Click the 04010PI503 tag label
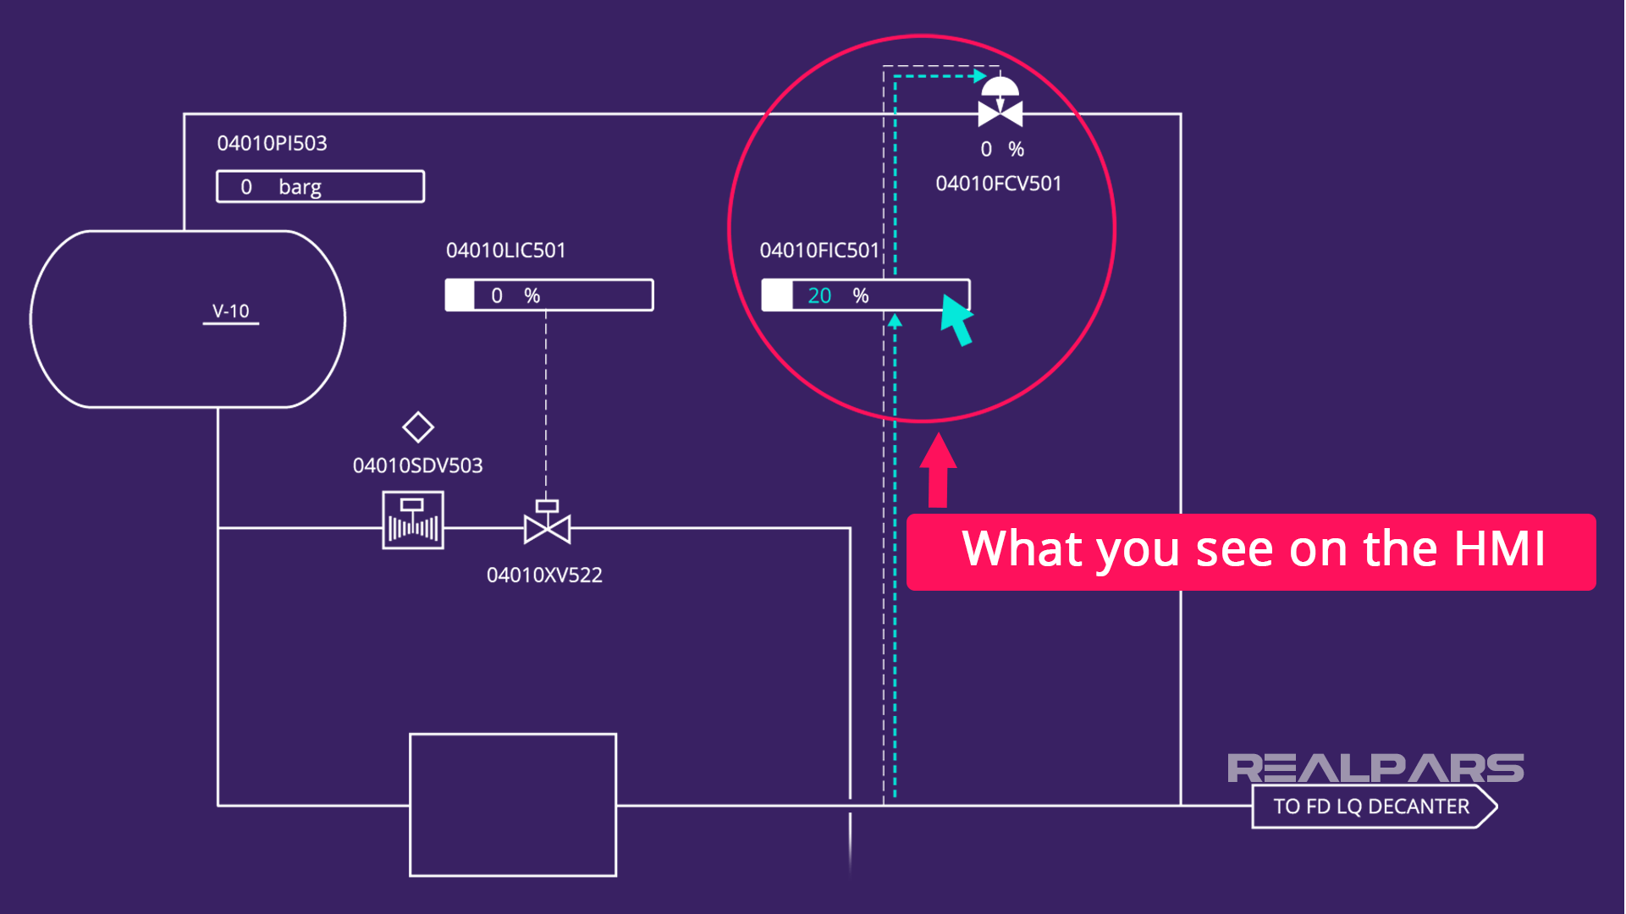pyautogui.click(x=272, y=143)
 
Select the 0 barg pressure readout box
pyautogui.click(x=320, y=186)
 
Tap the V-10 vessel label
pyautogui.click(x=230, y=311)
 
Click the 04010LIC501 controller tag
pyautogui.click(x=505, y=251)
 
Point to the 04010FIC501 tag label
pyautogui.click(x=819, y=251)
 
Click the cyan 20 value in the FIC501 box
pyautogui.click(x=819, y=295)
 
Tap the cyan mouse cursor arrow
pyautogui.click(x=957, y=319)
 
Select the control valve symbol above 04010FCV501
pyautogui.click(x=1000, y=102)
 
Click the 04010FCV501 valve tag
pyautogui.click(x=998, y=184)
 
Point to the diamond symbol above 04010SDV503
pyautogui.click(x=417, y=427)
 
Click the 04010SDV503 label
pyautogui.click(x=417, y=465)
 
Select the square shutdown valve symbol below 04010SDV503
pyautogui.click(x=413, y=520)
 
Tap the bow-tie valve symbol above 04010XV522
pyautogui.click(x=547, y=525)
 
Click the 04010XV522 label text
pyautogui.click(x=544, y=575)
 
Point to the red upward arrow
pyautogui.click(x=938, y=470)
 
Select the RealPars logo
pyautogui.click(x=1375, y=768)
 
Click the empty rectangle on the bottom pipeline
pyautogui.click(x=513, y=805)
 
